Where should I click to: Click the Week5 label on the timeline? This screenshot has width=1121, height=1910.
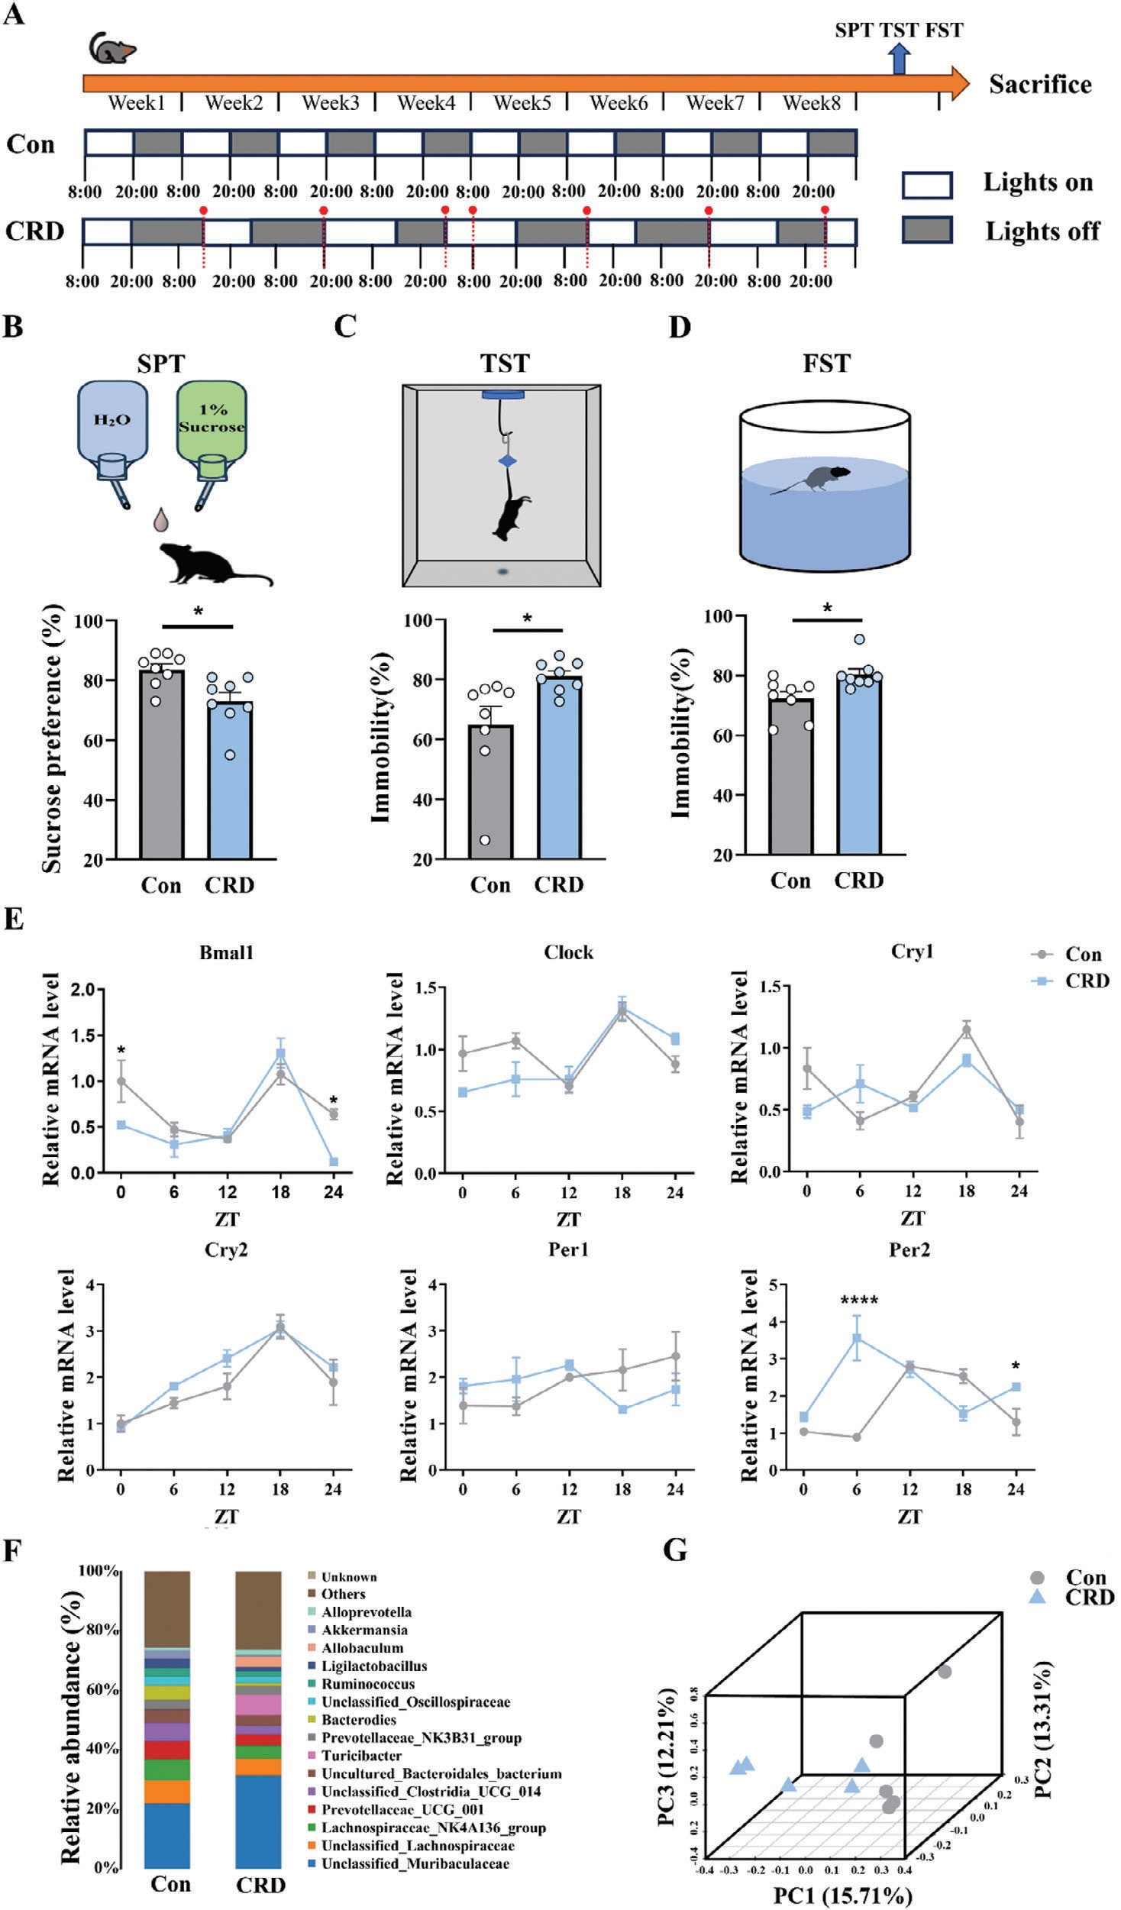point(522,102)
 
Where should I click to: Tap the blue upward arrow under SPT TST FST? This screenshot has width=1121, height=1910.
point(900,59)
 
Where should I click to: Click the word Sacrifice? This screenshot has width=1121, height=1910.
point(1040,84)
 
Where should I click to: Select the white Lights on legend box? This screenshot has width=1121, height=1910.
point(926,185)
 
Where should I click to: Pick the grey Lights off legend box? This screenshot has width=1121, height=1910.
point(926,230)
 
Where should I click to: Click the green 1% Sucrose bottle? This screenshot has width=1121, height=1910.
point(212,428)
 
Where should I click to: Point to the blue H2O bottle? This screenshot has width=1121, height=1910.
point(112,428)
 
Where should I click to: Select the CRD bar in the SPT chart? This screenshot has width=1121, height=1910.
point(230,779)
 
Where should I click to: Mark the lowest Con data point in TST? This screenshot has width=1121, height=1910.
point(485,840)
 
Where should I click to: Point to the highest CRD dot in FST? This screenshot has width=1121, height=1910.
point(860,639)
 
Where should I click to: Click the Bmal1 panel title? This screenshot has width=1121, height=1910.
point(226,952)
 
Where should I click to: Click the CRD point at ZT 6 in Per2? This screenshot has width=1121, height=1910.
point(857,1338)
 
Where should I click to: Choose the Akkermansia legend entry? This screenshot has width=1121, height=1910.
point(363,1630)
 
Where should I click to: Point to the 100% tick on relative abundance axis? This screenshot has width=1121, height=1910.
point(101,1571)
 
